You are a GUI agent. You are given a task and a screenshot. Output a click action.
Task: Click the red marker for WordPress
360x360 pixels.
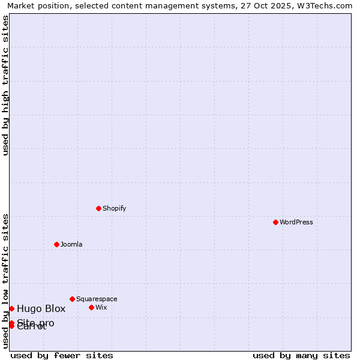pyautogui.click(x=275, y=222)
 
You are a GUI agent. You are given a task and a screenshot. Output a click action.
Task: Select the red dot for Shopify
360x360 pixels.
pyautogui.click(x=98, y=208)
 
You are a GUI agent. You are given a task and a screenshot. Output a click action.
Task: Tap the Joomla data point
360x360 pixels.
pyautogui.click(x=56, y=244)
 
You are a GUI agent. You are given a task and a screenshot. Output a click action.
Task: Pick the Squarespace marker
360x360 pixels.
pyautogui.click(x=72, y=299)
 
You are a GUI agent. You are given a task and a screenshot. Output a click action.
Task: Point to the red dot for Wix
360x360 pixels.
pyautogui.click(x=91, y=307)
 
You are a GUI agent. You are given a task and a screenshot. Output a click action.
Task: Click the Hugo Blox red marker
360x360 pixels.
pyautogui.click(x=11, y=308)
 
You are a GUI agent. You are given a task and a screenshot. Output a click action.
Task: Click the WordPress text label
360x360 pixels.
pyautogui.click(x=296, y=222)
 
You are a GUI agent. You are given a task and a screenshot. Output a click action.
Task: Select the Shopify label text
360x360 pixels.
pyautogui.click(x=114, y=208)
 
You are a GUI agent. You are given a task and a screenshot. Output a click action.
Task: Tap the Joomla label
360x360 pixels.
pyautogui.click(x=71, y=244)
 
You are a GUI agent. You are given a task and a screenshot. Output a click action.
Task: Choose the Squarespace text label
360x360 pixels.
pyautogui.click(x=97, y=299)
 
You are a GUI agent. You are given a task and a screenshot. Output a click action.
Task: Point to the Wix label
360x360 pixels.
pyautogui.click(x=101, y=307)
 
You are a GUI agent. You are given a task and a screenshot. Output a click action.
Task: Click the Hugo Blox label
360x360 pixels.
pyautogui.click(x=41, y=309)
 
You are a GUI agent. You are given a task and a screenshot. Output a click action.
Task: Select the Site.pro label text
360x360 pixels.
pyautogui.click(x=36, y=322)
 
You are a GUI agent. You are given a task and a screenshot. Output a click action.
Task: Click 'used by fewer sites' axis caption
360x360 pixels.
pyautogui.click(x=62, y=355)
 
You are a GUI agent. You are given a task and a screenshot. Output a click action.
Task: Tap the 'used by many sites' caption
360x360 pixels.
pyautogui.click(x=301, y=355)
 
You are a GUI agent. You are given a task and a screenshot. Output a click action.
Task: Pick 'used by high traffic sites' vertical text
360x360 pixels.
pyautogui.click(x=5, y=85)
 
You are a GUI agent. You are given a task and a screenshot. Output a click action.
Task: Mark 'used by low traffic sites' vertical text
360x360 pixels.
pyautogui.click(x=5, y=281)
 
